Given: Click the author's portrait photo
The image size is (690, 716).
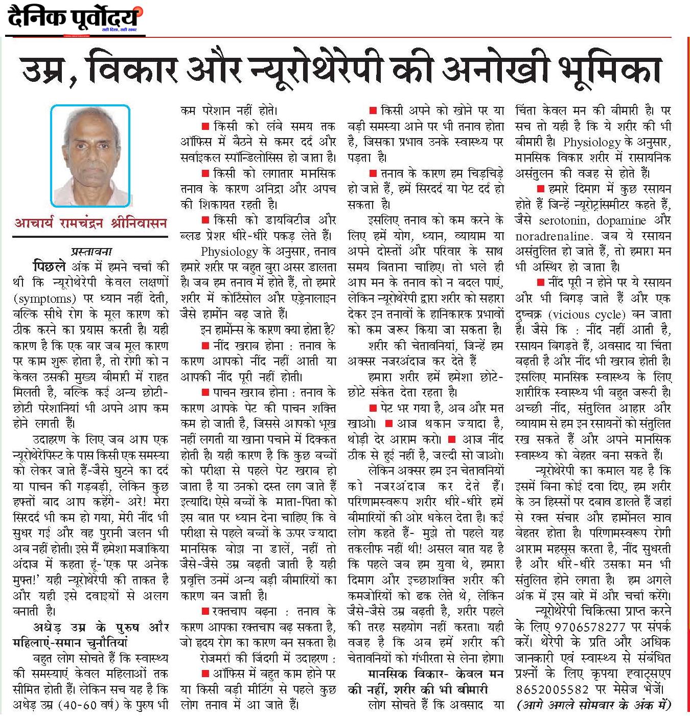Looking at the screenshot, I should click(90, 155).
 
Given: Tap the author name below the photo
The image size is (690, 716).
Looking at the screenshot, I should click(90, 223).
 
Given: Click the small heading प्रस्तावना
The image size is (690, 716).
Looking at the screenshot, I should click(91, 251).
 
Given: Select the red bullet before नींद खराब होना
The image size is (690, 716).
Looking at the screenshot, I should click(205, 346).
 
